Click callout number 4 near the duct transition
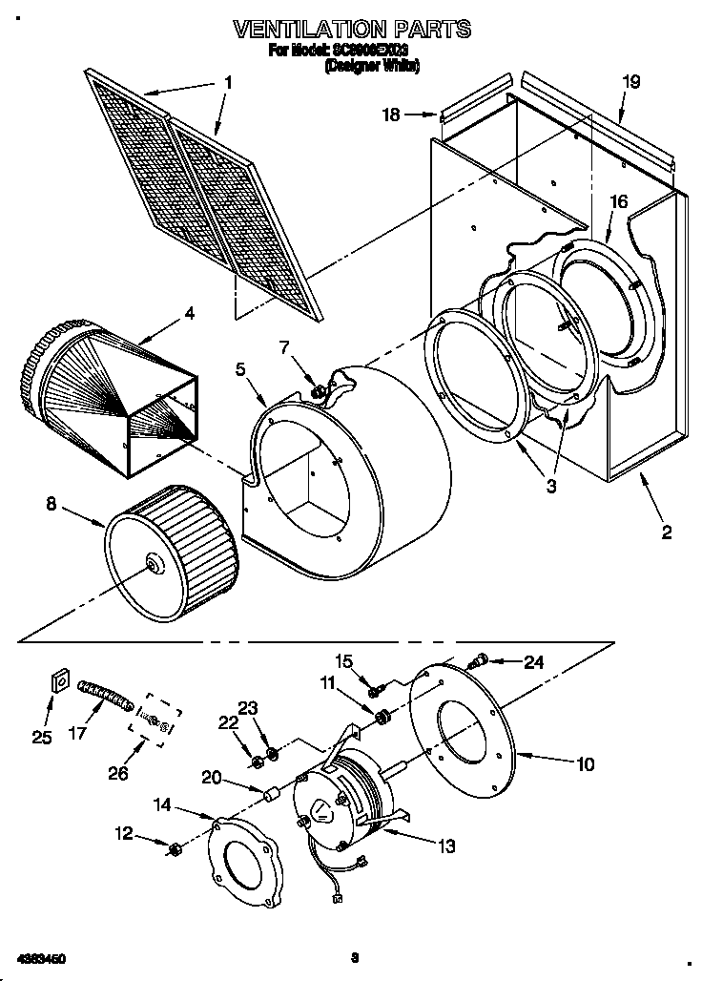click(189, 313)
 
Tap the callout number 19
click(630, 82)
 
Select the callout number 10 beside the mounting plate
click(585, 763)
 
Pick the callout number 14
click(162, 805)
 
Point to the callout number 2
click(666, 532)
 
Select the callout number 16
click(618, 201)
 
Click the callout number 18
click(391, 115)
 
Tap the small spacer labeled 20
click(270, 794)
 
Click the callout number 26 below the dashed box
click(117, 773)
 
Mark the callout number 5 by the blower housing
click(240, 367)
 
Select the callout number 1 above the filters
click(227, 83)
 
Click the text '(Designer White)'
click(372, 66)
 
